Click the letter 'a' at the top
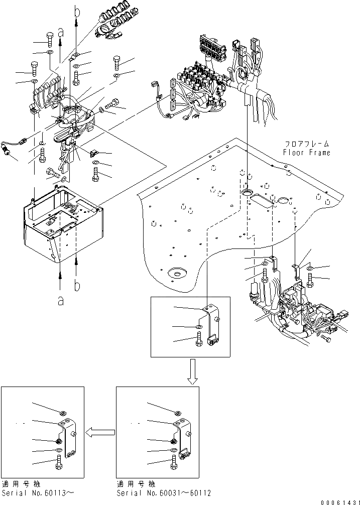pyautogui.click(x=61, y=33)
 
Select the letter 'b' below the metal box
pyautogui.click(x=77, y=286)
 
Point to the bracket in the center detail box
pyautogui.click(x=215, y=329)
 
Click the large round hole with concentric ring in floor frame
pyautogui.click(x=177, y=273)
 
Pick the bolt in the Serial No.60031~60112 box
pyautogui.click(x=174, y=463)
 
